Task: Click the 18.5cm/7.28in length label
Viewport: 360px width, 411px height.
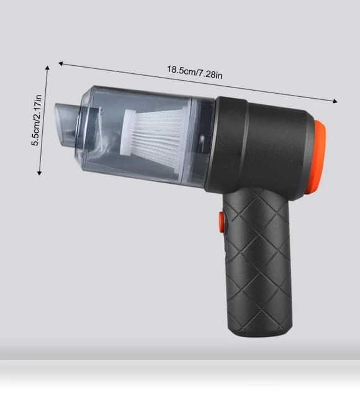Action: (195, 73)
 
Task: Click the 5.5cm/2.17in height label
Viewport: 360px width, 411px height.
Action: (37, 120)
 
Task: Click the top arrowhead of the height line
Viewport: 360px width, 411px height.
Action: (47, 68)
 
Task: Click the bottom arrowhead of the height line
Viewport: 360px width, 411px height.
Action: (39, 173)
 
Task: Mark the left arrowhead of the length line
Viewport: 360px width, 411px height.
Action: (61, 63)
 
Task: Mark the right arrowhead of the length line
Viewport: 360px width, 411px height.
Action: (335, 101)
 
